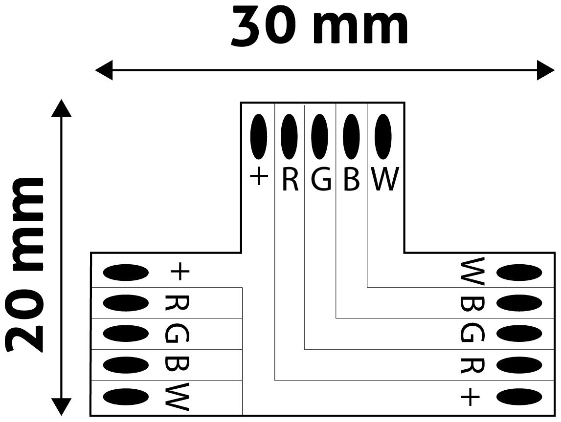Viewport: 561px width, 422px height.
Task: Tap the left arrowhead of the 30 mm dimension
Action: (104, 70)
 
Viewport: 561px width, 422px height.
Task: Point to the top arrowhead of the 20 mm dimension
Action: (61, 108)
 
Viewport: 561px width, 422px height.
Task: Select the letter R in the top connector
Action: (290, 179)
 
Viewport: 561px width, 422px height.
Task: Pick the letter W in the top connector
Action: (385, 179)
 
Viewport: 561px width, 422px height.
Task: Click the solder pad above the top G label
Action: (320, 136)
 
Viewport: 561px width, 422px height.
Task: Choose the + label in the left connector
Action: (179, 272)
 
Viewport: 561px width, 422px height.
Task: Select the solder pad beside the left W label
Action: (126, 396)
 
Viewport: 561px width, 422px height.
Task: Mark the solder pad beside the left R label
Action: (126, 303)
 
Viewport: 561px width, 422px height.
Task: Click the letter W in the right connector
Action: (472, 272)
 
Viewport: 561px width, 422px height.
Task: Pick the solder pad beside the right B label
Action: (519, 303)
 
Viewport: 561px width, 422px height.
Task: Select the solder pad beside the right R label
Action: (519, 365)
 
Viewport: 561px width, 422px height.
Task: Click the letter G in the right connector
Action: (472, 334)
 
